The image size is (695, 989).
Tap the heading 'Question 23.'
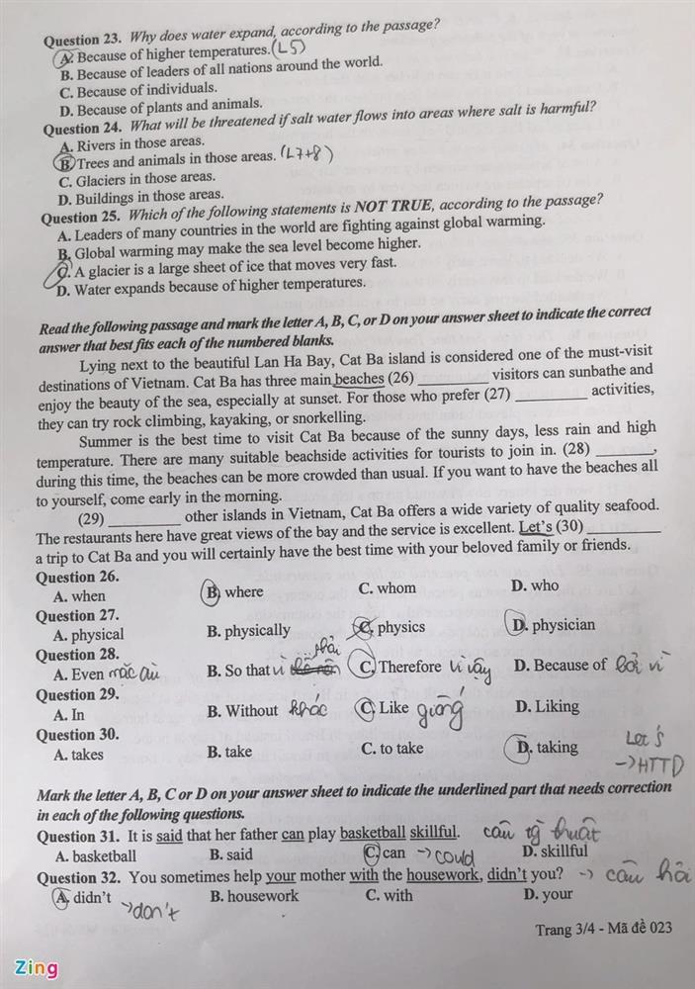click(81, 41)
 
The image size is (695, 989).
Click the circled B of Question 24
click(65, 162)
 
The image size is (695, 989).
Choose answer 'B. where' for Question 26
click(235, 591)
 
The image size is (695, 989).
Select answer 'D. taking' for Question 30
click(546, 748)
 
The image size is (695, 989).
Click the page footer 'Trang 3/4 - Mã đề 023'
click(603, 929)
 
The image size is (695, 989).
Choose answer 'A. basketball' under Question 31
click(95, 855)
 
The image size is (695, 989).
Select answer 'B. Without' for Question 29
click(242, 710)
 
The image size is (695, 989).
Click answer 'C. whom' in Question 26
click(388, 587)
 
